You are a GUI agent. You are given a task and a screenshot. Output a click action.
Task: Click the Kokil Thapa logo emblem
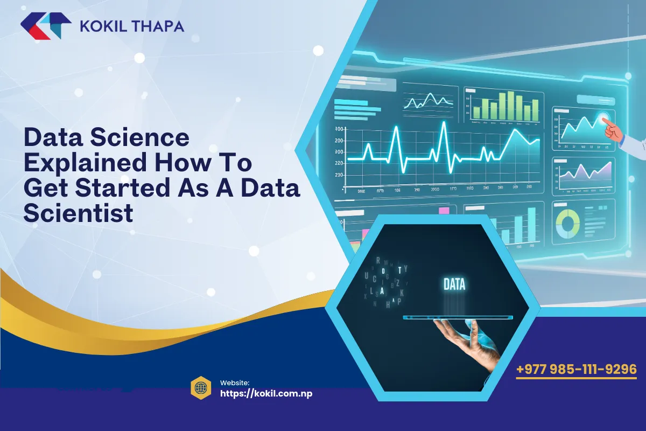[x=45, y=26]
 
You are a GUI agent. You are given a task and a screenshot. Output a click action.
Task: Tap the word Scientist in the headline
[x=78, y=213]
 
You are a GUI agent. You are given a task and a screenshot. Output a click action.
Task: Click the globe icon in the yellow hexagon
[x=200, y=388]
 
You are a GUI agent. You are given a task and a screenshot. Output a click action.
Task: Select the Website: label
[x=234, y=382]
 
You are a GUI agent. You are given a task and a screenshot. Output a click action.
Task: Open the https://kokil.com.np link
[x=266, y=393]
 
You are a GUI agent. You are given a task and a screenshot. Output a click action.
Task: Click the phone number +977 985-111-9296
[x=576, y=370]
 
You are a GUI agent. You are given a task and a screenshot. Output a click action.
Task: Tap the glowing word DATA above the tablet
[x=454, y=284]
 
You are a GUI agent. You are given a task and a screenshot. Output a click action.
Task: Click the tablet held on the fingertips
[x=458, y=317]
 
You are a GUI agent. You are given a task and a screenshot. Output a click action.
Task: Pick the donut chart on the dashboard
[x=567, y=223]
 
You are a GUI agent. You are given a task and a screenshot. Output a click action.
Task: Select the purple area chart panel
[x=582, y=175]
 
